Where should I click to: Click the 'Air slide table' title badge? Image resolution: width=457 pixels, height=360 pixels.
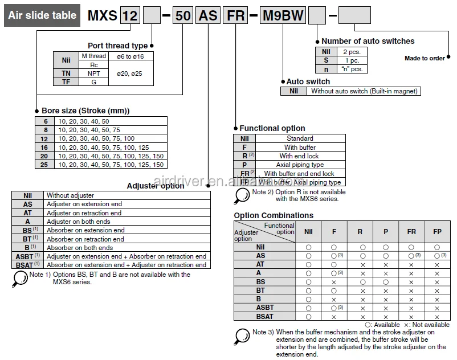(x=42, y=15)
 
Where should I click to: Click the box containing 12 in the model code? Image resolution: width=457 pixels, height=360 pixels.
(x=130, y=15)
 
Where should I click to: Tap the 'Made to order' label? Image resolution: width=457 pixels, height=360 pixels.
(x=425, y=59)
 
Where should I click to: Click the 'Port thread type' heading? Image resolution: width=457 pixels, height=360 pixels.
(x=117, y=46)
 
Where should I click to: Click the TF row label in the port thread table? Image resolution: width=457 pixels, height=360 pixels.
(x=66, y=82)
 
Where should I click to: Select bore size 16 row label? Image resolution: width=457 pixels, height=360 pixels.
(x=44, y=147)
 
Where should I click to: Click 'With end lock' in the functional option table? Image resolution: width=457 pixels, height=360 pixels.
(x=299, y=156)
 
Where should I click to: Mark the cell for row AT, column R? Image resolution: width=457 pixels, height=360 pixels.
(x=360, y=264)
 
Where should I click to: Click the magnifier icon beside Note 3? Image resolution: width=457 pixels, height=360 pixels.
(x=242, y=336)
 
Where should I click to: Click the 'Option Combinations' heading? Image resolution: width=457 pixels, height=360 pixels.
(x=274, y=215)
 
